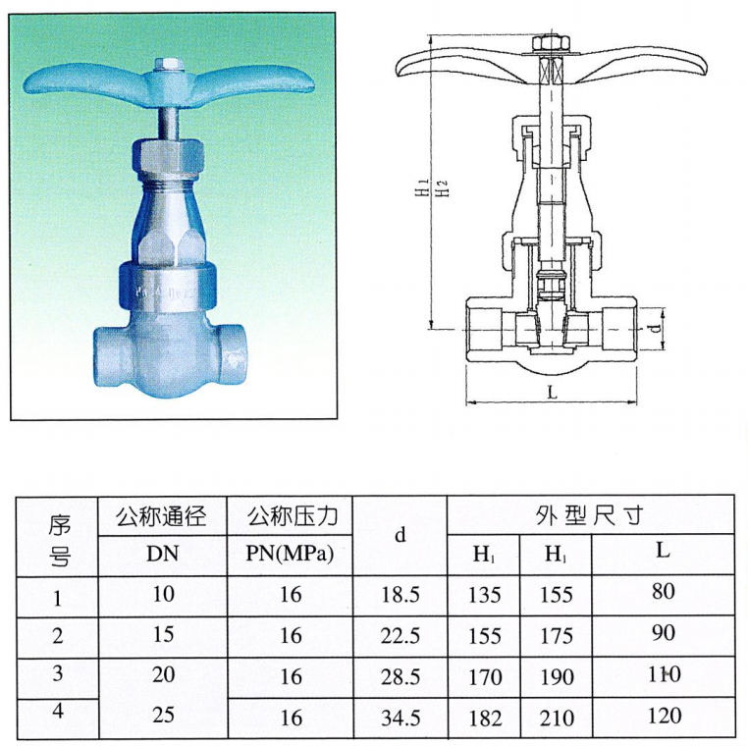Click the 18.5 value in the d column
click(401, 595)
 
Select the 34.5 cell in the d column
click(401, 719)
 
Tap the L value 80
click(663, 591)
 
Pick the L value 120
click(664, 715)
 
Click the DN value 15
click(163, 634)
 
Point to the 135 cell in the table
click(485, 595)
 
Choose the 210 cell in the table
click(557, 719)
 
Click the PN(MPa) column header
click(290, 554)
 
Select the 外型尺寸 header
click(590, 515)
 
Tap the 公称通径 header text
click(162, 516)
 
